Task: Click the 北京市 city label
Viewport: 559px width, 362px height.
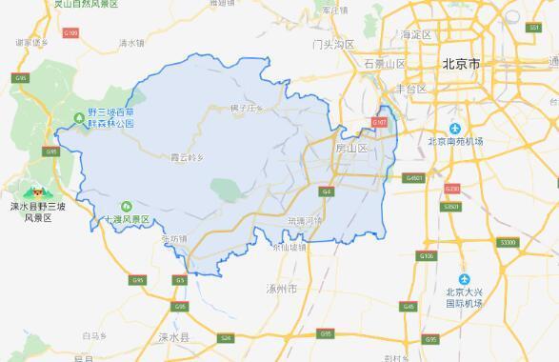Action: [461, 64]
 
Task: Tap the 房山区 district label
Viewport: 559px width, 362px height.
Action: [352, 149]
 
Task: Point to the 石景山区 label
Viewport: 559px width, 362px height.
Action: [385, 64]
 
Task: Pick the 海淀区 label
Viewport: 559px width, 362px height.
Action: [416, 35]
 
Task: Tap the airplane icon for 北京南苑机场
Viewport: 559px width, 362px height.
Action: [456, 129]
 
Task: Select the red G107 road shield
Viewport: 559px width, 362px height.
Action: [379, 123]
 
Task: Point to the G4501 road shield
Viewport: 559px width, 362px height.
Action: [413, 177]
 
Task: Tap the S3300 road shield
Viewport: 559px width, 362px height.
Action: [508, 243]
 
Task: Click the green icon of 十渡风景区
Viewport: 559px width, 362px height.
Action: [125, 207]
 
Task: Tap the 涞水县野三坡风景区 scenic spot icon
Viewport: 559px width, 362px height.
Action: [27, 192]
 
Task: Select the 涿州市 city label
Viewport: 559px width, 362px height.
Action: [285, 287]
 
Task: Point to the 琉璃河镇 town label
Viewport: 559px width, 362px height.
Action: [305, 220]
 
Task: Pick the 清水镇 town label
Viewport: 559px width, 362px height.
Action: [130, 44]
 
